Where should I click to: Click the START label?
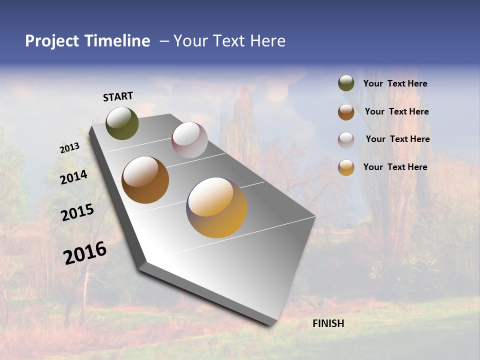point(118,96)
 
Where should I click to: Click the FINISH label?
point(328,323)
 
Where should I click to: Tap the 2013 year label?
point(69,147)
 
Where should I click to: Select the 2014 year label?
point(73,177)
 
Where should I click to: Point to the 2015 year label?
point(77,212)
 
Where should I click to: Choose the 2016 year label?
point(85,252)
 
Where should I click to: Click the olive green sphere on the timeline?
point(122,123)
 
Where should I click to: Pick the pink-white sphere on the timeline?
point(189,140)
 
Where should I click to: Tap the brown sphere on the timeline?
point(145,180)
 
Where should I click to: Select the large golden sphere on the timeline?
point(216,207)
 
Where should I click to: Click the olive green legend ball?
point(346,83)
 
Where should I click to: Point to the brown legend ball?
point(346,112)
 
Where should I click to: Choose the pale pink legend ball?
point(346,140)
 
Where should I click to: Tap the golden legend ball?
point(346,167)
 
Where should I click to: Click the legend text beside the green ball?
point(395,83)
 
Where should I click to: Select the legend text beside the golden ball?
point(395,167)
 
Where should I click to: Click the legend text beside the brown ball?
point(396,111)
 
